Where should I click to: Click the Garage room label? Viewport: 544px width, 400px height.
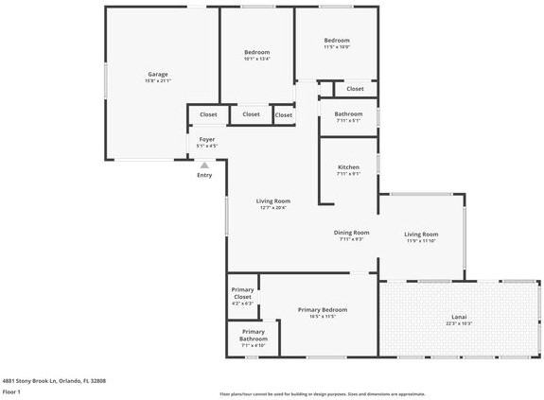pyautogui.click(x=157, y=74)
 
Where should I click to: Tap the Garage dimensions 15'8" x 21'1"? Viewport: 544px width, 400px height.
pyautogui.click(x=157, y=80)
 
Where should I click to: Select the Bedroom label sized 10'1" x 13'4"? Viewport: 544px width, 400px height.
pyautogui.click(x=256, y=52)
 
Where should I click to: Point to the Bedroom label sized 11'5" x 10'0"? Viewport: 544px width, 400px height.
pyautogui.click(x=337, y=40)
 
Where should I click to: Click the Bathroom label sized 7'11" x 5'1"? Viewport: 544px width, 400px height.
pyautogui.click(x=348, y=113)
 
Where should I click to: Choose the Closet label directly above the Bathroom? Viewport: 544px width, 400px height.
pyautogui.click(x=355, y=89)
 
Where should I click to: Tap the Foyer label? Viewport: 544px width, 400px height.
pyautogui.click(x=206, y=139)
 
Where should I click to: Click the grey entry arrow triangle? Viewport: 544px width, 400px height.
pyautogui.click(x=204, y=165)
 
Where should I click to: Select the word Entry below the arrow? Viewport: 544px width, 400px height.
pyautogui.click(x=204, y=175)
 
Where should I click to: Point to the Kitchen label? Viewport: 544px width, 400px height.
pyautogui.click(x=348, y=167)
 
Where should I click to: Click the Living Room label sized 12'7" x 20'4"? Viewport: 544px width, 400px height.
pyautogui.click(x=273, y=200)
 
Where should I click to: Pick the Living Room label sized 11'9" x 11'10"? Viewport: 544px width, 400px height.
pyautogui.click(x=421, y=234)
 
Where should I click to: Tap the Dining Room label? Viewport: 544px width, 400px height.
pyautogui.click(x=351, y=232)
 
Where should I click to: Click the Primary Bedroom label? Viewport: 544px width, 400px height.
pyautogui.click(x=322, y=309)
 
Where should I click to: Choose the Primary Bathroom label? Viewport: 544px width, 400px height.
pyautogui.click(x=253, y=335)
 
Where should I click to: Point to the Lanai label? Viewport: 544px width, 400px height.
pyautogui.click(x=459, y=317)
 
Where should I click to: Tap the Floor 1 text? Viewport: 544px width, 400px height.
pyautogui.click(x=12, y=391)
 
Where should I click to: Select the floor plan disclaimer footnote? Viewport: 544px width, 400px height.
pyautogui.click(x=322, y=394)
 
